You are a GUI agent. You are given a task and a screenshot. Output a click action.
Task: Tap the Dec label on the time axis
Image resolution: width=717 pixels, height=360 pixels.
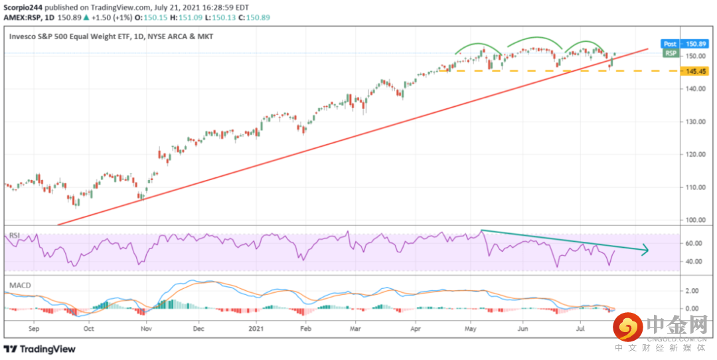(x=199, y=328)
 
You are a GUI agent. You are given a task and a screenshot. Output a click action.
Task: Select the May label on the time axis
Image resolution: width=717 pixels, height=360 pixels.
(x=471, y=328)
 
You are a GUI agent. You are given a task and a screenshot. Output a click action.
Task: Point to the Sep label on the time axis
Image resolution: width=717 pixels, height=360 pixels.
(x=35, y=328)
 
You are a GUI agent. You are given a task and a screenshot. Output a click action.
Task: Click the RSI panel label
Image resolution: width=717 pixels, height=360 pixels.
(x=14, y=234)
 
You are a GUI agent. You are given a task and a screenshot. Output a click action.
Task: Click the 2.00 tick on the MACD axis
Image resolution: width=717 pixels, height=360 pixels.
(x=692, y=291)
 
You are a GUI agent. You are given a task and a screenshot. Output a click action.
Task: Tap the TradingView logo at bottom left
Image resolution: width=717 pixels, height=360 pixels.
(x=40, y=349)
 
